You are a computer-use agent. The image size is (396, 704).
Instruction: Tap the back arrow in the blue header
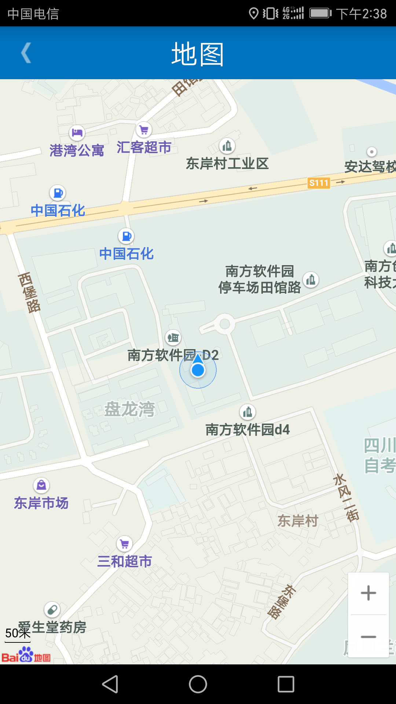pyautogui.click(x=26, y=53)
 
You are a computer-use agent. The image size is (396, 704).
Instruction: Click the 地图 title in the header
pyautogui.click(x=198, y=54)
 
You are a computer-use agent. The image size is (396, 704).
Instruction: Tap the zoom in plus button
pyautogui.click(x=368, y=593)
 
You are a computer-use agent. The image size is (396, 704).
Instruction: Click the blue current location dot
pyautogui.click(x=198, y=370)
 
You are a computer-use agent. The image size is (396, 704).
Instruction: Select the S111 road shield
pyautogui.click(x=319, y=183)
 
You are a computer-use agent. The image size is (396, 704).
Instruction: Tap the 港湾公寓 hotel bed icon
pyautogui.click(x=77, y=132)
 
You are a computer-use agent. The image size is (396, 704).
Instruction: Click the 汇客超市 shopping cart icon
pyautogui.click(x=144, y=130)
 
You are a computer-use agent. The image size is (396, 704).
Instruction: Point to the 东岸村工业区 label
pyautogui.click(x=227, y=164)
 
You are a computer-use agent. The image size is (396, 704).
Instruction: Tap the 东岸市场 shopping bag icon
pyautogui.click(x=41, y=485)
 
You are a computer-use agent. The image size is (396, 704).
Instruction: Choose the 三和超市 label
pyautogui.click(x=125, y=561)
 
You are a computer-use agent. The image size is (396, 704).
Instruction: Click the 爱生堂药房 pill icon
pyautogui.click(x=52, y=610)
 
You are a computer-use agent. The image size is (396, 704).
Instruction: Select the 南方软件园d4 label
pyautogui.click(x=247, y=430)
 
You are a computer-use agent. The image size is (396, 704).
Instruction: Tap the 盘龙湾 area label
pyautogui.click(x=129, y=409)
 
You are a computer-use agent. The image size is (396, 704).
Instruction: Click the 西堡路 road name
pyautogui.click(x=29, y=292)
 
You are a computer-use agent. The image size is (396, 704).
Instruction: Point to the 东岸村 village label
pyautogui.click(x=298, y=521)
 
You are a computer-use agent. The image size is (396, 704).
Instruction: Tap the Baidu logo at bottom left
pyautogui.click(x=26, y=655)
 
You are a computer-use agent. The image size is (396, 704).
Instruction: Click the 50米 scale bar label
pyautogui.click(x=18, y=633)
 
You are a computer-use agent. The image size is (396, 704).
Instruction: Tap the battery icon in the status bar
pyautogui.click(x=320, y=14)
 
